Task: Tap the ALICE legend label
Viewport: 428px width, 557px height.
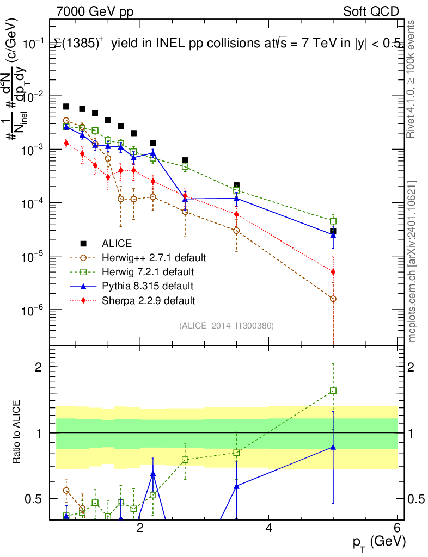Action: point(117,243)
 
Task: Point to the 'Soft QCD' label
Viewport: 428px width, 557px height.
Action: point(371,11)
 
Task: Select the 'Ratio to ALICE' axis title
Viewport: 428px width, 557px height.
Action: point(18,432)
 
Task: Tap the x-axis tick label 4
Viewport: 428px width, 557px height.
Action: point(269,528)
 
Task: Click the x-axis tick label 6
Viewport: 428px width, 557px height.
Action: point(397,528)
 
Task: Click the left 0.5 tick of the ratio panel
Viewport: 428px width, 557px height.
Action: point(36,499)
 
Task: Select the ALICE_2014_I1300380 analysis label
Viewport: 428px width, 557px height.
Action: point(226,325)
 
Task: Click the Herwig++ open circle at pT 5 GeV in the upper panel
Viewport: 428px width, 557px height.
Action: point(333,299)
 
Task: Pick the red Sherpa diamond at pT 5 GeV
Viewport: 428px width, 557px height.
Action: point(333,271)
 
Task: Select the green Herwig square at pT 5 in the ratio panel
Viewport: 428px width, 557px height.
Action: point(333,391)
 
